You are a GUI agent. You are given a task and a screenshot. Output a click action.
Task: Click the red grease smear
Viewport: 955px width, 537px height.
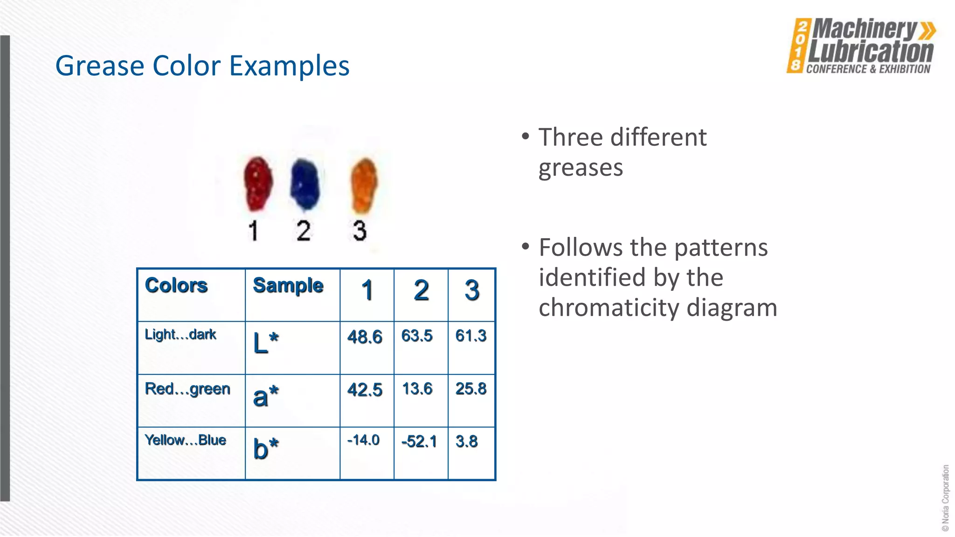pyautogui.click(x=258, y=183)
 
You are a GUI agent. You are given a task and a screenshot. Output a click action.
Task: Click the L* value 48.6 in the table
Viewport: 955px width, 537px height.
pyautogui.click(x=365, y=337)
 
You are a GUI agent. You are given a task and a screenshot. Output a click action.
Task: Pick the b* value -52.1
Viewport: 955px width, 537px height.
pyautogui.click(x=419, y=441)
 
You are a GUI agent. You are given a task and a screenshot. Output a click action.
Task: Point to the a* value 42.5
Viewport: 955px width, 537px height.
pyautogui.click(x=365, y=390)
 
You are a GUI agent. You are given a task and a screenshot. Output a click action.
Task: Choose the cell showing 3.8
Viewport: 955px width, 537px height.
pyautogui.click(x=467, y=441)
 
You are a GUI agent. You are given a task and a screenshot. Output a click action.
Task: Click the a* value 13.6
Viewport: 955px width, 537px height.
pyautogui.click(x=417, y=389)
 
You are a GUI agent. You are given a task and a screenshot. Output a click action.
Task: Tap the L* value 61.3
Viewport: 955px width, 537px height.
pyautogui.click(x=471, y=336)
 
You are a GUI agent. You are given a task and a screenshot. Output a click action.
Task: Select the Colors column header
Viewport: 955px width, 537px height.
pyautogui.click(x=176, y=285)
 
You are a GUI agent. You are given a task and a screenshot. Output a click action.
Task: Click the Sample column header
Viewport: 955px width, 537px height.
pyautogui.click(x=288, y=285)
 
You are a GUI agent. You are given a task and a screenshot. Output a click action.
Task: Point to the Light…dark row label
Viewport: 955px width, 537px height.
pyautogui.click(x=180, y=334)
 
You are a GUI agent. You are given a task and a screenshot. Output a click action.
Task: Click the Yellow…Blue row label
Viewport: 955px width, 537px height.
pyautogui.click(x=186, y=440)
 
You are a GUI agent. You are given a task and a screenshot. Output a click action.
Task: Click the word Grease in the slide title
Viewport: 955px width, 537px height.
pyautogui.click(x=100, y=66)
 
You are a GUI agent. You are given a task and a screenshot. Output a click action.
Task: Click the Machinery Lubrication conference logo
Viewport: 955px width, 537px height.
pyautogui.click(x=861, y=46)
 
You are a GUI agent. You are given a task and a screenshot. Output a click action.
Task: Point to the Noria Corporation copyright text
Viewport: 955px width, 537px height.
pyautogui.click(x=945, y=498)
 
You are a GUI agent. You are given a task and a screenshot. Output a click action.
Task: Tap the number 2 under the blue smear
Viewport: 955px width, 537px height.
pyautogui.click(x=304, y=231)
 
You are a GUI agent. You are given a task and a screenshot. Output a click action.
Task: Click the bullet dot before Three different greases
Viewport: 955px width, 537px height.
pyautogui.click(x=526, y=137)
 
